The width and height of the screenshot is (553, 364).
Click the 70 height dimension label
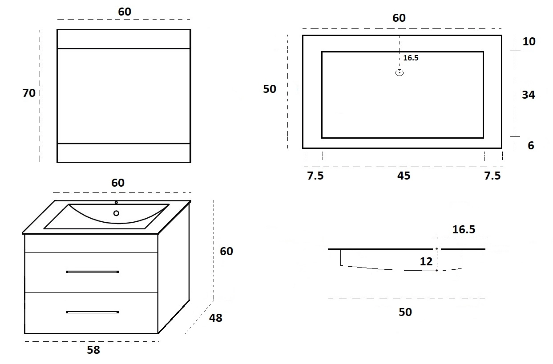coord(29,93)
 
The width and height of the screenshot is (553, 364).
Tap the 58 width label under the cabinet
coord(93,350)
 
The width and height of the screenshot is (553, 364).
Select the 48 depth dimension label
coord(215,318)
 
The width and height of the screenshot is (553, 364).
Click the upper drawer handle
coord(93,272)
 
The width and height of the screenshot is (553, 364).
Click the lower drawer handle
coord(93,312)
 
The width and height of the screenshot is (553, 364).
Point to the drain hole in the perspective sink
coord(116,213)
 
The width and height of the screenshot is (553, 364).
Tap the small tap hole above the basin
coord(116,203)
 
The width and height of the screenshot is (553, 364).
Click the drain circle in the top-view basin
coord(400,73)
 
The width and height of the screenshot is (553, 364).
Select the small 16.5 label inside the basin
coord(411,58)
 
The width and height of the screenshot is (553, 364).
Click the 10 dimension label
coord(529,41)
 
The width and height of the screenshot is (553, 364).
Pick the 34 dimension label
coord(529,95)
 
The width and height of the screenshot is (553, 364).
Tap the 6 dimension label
coord(531,145)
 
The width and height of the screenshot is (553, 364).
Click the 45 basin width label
coord(404,176)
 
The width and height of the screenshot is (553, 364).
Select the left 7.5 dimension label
coord(315,176)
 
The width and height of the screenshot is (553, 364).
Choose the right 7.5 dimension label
coord(492,176)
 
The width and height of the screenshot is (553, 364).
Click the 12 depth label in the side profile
coord(426,261)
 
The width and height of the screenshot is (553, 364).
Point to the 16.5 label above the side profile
coord(464,230)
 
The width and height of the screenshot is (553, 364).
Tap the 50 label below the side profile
coord(405,312)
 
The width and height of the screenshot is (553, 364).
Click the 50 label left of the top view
coord(269,89)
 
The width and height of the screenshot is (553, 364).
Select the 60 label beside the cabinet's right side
coord(226,251)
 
